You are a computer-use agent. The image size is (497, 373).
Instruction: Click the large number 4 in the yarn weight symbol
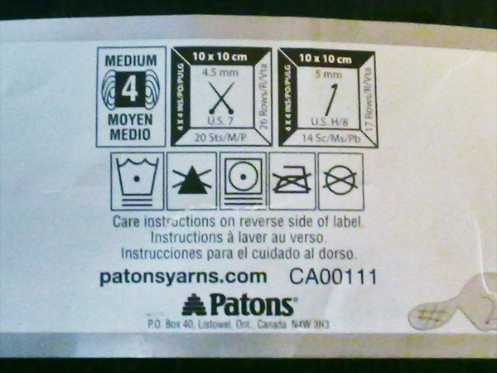pos(130,94)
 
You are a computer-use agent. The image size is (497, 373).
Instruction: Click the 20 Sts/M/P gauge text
pos(220,137)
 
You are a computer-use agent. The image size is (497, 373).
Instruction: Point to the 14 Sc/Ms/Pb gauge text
pos(328,137)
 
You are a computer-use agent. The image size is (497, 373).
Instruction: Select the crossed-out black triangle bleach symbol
pos(191,181)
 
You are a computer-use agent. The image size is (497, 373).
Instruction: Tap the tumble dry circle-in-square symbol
pos(243,180)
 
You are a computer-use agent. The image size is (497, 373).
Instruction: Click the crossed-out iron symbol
pos(292,180)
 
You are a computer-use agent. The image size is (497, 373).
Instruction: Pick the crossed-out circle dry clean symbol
pos(340,180)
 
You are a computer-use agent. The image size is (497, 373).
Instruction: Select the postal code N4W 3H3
pos(310,325)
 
